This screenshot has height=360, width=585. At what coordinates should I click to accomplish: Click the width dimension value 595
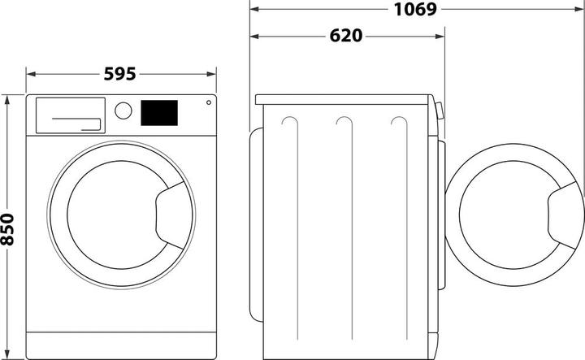point(121,74)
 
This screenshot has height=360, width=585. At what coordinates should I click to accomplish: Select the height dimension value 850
point(9,228)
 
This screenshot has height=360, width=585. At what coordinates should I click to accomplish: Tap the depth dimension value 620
point(346,37)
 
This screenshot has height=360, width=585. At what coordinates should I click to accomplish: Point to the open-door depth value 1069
point(415,10)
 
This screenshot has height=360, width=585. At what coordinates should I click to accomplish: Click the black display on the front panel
point(159,112)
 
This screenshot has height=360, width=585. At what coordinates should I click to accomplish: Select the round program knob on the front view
point(123,111)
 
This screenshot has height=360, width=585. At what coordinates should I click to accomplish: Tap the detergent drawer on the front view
point(69,115)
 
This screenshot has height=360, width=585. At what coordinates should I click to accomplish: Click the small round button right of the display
point(208,103)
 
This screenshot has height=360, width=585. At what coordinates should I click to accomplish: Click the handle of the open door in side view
point(566,214)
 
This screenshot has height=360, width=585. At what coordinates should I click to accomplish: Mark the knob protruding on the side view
point(440,111)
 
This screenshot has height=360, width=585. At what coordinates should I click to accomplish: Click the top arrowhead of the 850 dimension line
point(9,99)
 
